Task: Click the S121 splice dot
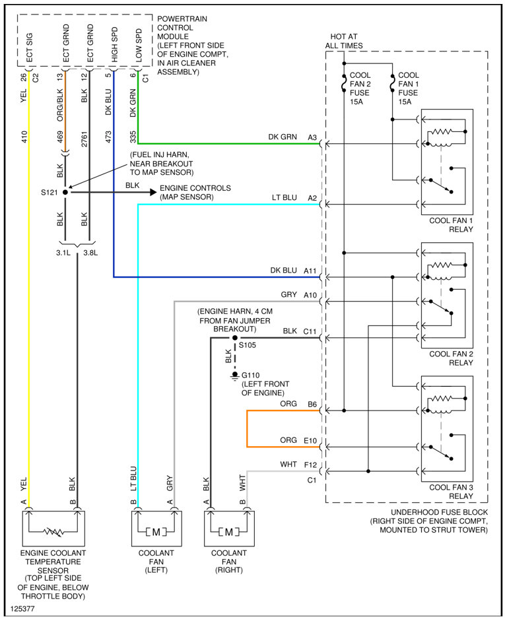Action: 65,192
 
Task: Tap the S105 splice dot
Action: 234,337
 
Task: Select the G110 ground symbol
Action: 234,375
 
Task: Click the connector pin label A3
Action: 312,137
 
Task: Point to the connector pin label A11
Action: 310,271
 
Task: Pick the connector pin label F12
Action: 310,465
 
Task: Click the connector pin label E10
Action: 310,441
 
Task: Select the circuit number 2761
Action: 84,139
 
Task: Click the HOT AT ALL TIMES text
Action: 344,41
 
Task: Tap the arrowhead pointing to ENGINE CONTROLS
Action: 151,192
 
